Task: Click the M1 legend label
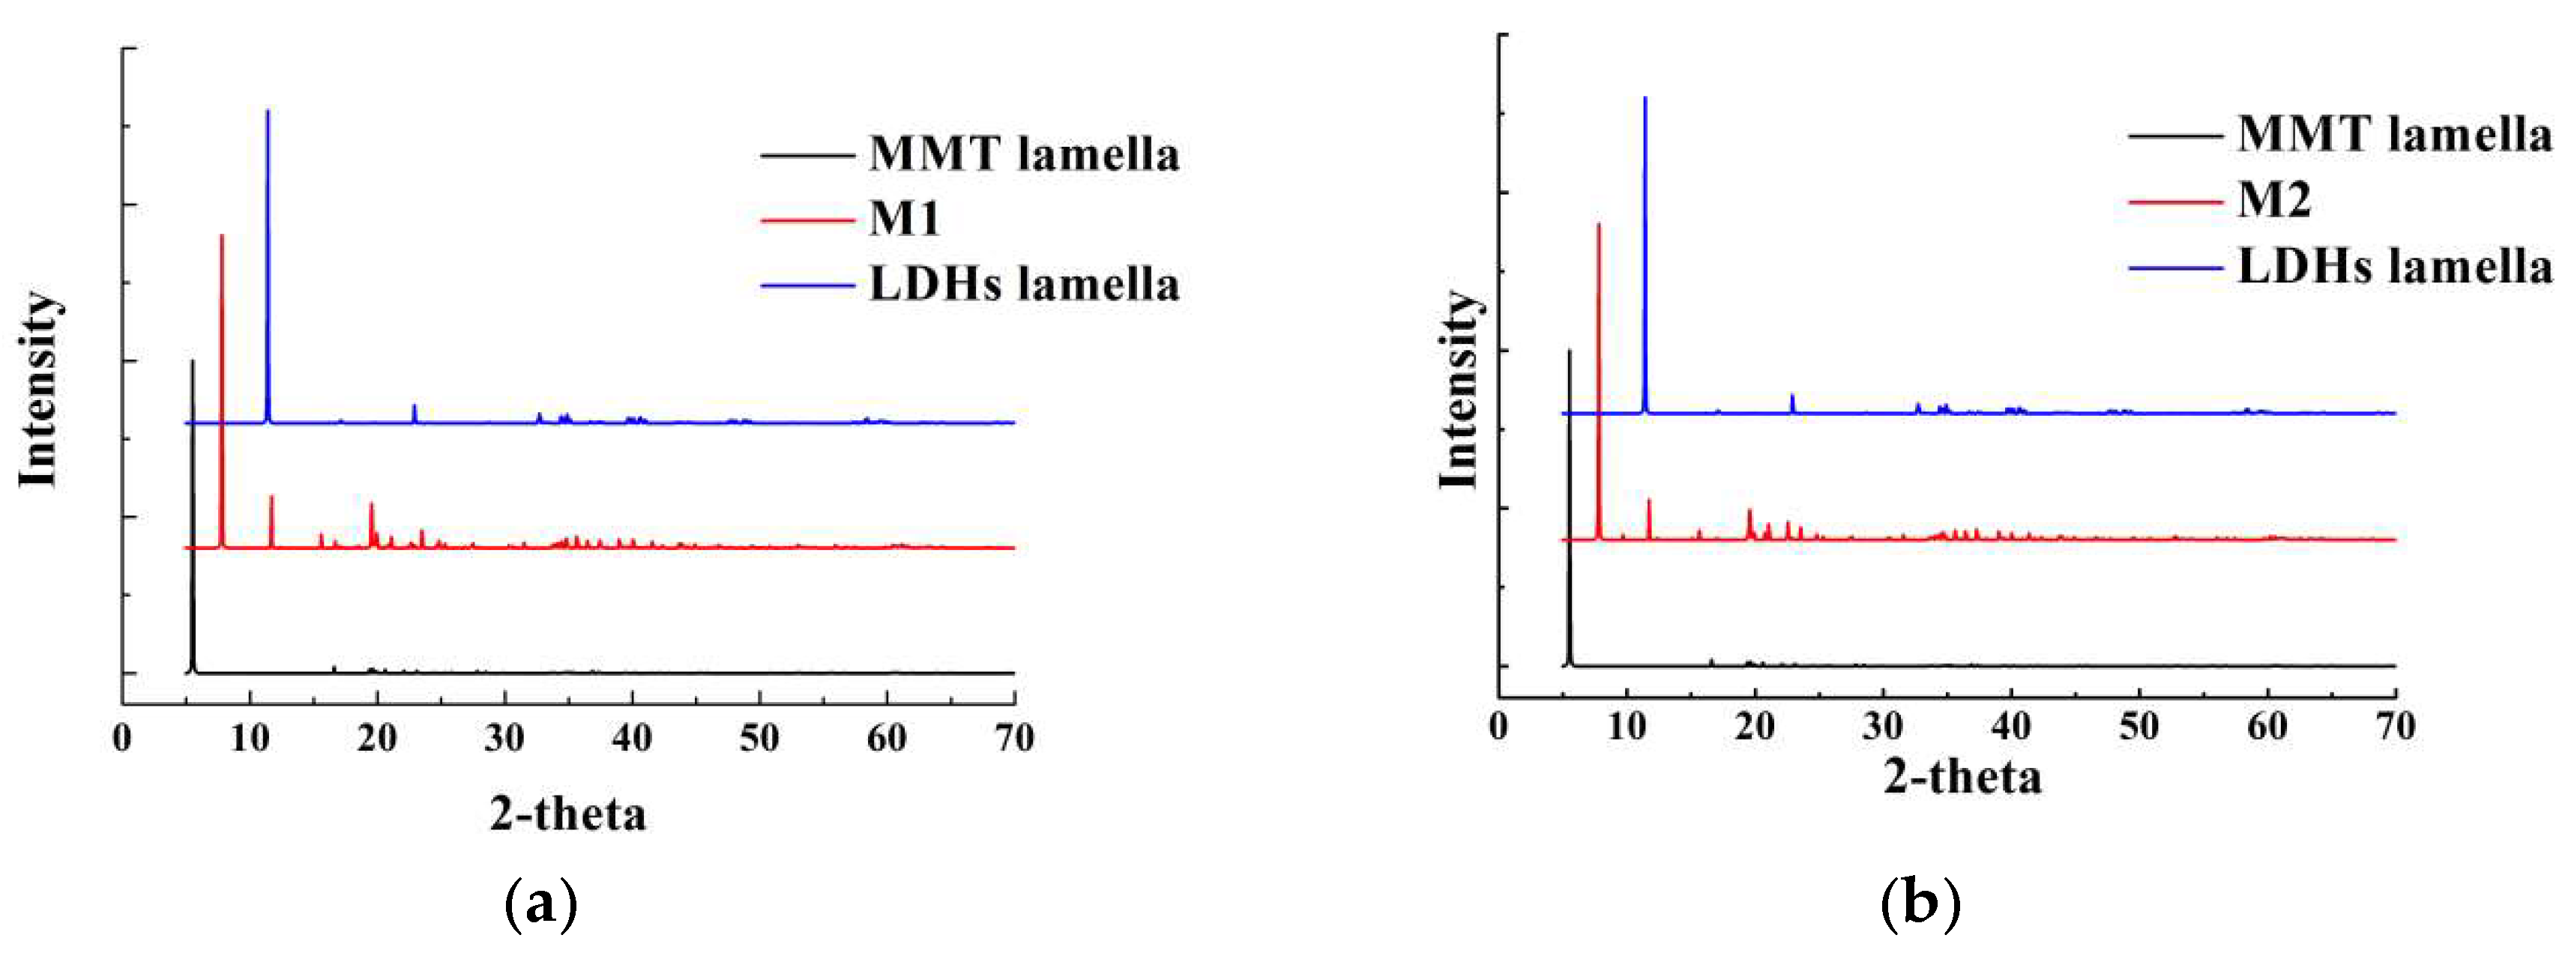click(904, 218)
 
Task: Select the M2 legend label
click(2274, 199)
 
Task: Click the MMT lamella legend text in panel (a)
click(1024, 154)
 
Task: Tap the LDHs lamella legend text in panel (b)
click(2395, 266)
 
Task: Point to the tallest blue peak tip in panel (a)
click(267, 112)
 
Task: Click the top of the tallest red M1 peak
click(221, 236)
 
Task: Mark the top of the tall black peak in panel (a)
click(193, 362)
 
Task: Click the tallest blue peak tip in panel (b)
click(1645, 97)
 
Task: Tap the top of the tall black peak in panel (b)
click(1569, 351)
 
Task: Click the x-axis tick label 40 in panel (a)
click(632, 739)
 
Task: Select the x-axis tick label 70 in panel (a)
click(1014, 739)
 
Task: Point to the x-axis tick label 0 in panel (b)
click(1498, 726)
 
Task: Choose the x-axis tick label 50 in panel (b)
click(2139, 726)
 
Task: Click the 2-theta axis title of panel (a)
click(567, 814)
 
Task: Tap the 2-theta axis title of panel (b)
click(1962, 777)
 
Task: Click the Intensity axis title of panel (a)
click(40, 389)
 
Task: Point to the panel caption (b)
click(1920, 903)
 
